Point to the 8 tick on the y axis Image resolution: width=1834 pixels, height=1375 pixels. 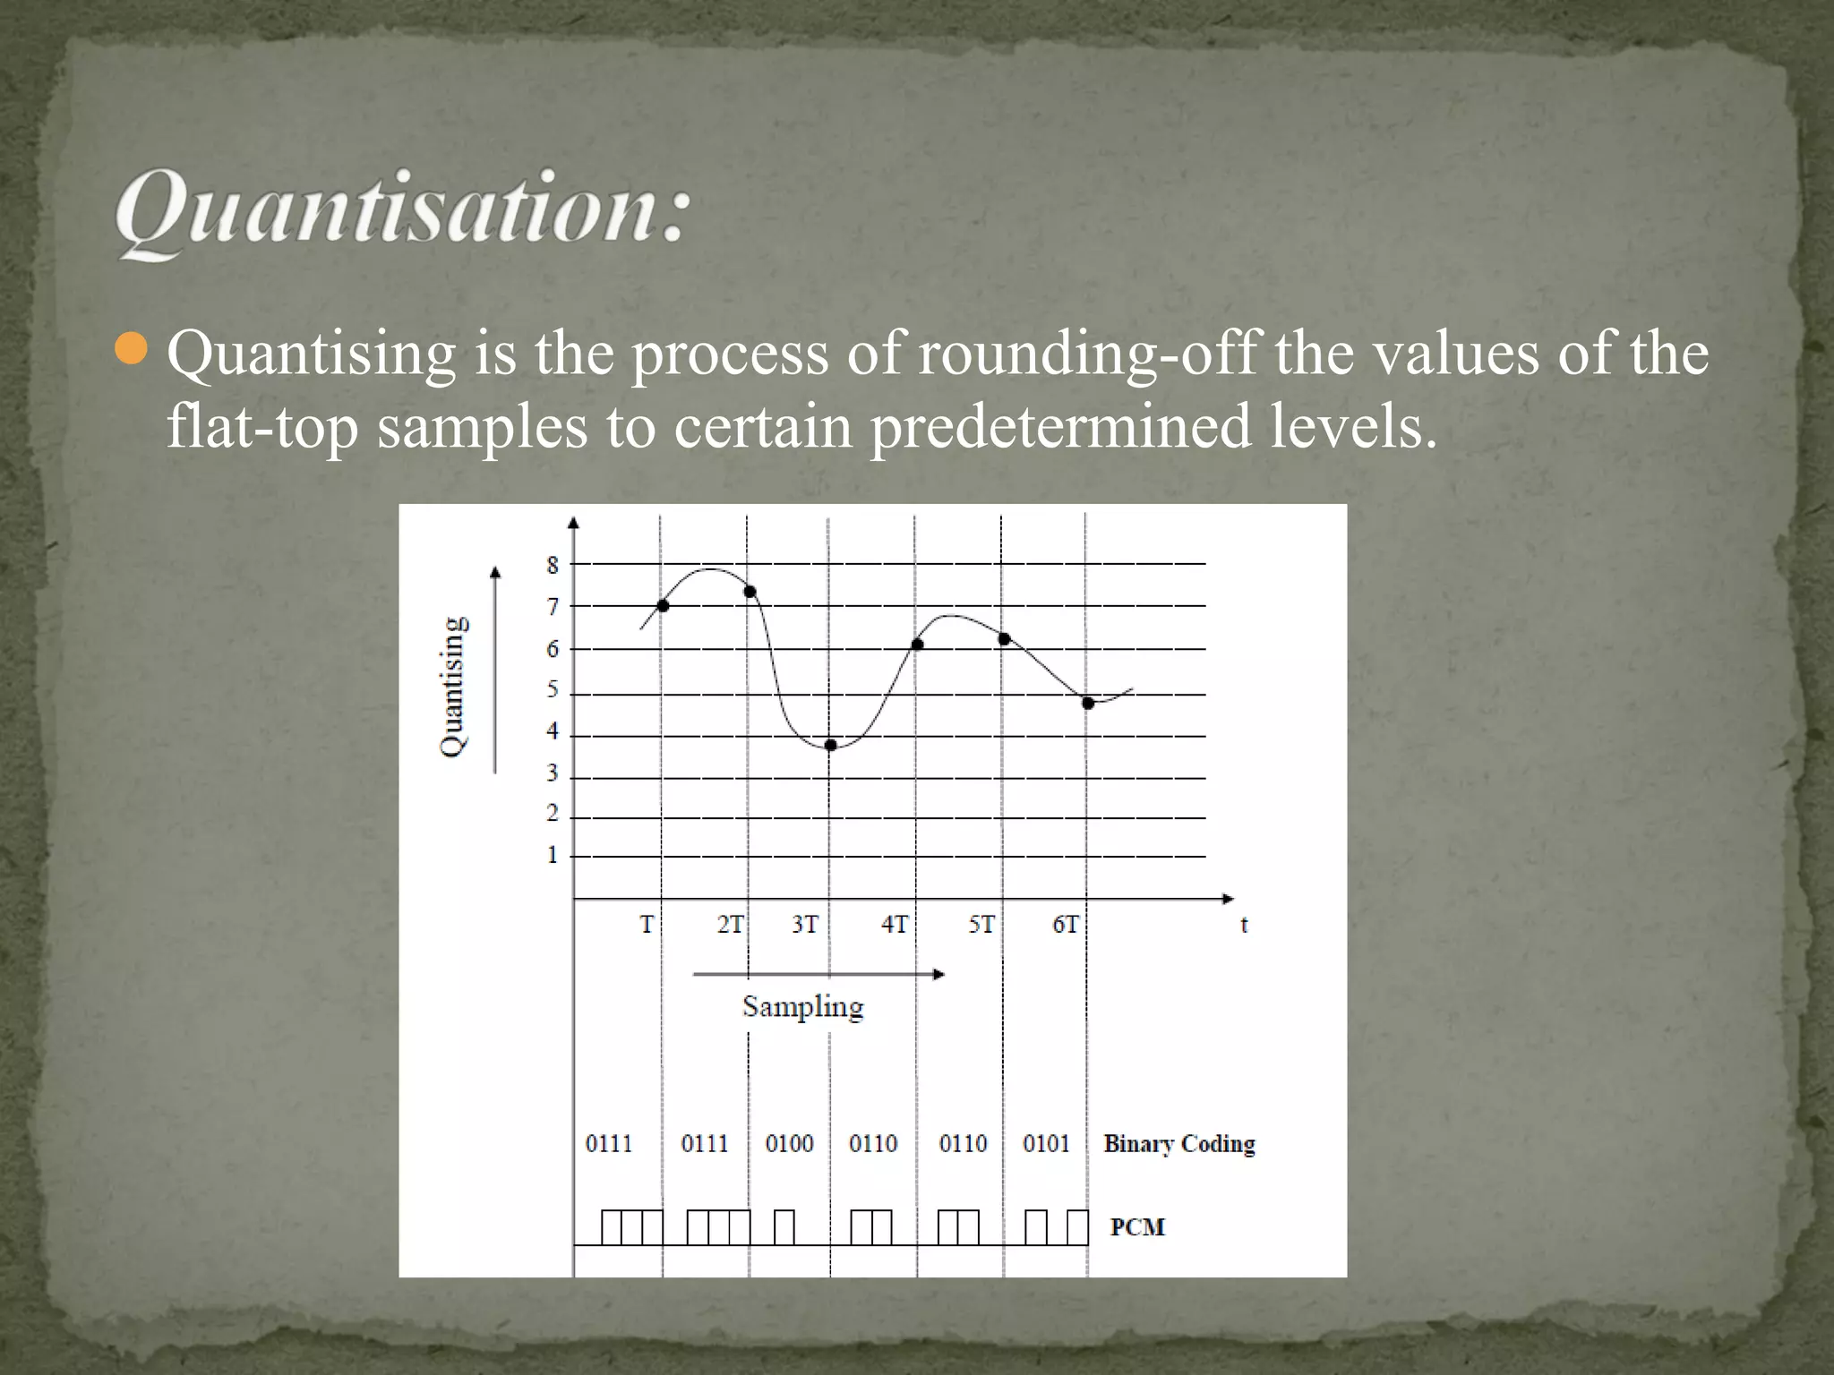tap(553, 566)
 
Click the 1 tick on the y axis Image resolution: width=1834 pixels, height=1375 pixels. tap(553, 855)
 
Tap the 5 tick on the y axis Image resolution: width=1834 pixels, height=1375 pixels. tap(553, 690)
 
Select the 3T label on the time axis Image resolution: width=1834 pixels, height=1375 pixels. tap(805, 925)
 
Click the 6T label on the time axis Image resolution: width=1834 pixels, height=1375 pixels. tap(1066, 925)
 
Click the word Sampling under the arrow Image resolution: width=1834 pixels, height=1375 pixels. tap(802, 1007)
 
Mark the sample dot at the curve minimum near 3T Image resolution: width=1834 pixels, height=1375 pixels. tap(830, 745)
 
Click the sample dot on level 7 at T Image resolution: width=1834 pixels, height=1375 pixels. tap(663, 606)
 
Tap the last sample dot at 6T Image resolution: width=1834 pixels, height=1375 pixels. tap(1088, 704)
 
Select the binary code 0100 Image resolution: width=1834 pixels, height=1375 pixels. tap(789, 1144)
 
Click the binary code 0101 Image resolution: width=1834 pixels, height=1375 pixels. tap(1046, 1144)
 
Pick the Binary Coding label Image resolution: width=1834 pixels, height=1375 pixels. tap(1178, 1144)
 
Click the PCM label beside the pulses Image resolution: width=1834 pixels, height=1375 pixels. tap(1137, 1227)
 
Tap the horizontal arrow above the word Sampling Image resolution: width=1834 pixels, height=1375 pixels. tap(818, 974)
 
